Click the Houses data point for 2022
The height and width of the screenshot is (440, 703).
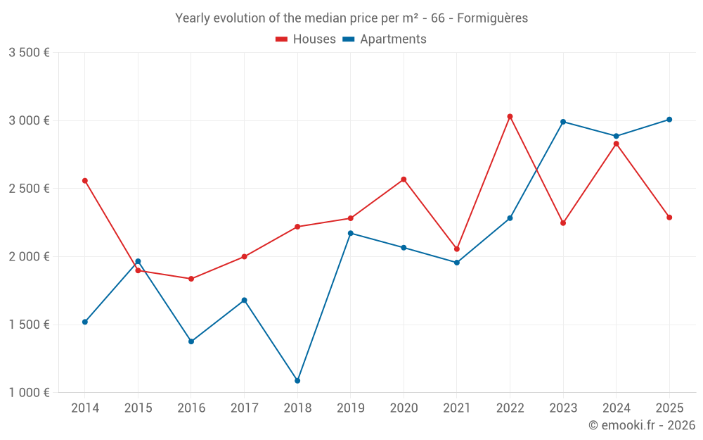tap(510, 117)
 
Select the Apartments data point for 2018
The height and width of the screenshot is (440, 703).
tap(297, 381)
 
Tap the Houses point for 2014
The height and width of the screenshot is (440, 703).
tap(85, 181)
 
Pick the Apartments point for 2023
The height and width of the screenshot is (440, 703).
tap(563, 122)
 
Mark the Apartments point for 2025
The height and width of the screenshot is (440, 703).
tap(669, 120)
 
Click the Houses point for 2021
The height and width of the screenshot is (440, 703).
tap(457, 249)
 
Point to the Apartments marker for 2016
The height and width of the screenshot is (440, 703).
tap(191, 341)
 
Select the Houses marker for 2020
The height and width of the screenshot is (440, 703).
tap(404, 180)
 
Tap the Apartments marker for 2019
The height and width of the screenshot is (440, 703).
tap(351, 233)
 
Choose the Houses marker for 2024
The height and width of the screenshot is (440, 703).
tap(617, 144)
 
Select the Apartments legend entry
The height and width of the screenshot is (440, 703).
tap(392, 39)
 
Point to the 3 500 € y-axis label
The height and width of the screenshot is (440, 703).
tap(29, 53)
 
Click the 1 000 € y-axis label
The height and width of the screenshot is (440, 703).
tap(29, 393)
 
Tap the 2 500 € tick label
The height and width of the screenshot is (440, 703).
tap(29, 189)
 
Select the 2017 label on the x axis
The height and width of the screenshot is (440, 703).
tap(244, 408)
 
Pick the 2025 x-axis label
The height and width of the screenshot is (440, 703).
tap(669, 408)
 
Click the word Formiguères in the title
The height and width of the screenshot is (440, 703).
tap(492, 18)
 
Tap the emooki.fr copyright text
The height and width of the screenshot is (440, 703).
tap(642, 425)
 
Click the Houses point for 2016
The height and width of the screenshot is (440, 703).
tap(191, 279)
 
